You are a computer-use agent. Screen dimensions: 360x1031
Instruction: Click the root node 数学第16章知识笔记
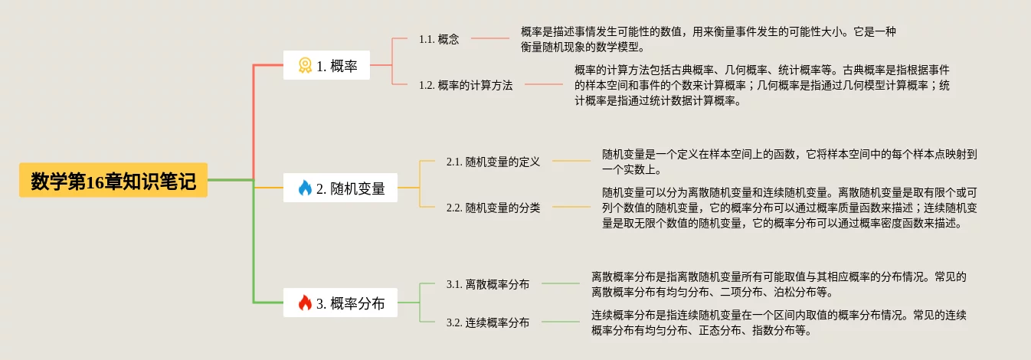[x=113, y=182]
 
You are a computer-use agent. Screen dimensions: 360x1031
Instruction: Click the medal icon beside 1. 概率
[x=305, y=66]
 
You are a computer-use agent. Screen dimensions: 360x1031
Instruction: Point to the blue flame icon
[x=305, y=188]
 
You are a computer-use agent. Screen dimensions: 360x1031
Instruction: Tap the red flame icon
[x=305, y=303]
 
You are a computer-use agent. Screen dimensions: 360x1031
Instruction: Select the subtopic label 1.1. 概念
[x=439, y=39]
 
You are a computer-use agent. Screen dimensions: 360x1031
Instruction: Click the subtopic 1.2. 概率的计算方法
[x=466, y=85]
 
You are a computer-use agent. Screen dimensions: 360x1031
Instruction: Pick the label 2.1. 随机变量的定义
[x=493, y=162]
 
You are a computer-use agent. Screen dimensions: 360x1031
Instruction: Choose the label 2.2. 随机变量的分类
[x=493, y=208]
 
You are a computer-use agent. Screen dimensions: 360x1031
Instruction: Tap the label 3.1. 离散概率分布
[x=488, y=284]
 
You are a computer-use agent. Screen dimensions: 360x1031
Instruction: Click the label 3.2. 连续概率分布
[x=488, y=322]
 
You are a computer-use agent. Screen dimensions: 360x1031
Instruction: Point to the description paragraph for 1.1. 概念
[x=708, y=39]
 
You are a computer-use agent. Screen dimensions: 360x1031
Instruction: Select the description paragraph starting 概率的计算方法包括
[x=762, y=85]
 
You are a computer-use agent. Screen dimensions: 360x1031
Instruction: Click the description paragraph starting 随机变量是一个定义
[x=790, y=162]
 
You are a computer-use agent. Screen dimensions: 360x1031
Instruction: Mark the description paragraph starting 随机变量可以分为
[x=790, y=208]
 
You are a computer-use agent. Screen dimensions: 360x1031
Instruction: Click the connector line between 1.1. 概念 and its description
[x=490, y=38]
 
